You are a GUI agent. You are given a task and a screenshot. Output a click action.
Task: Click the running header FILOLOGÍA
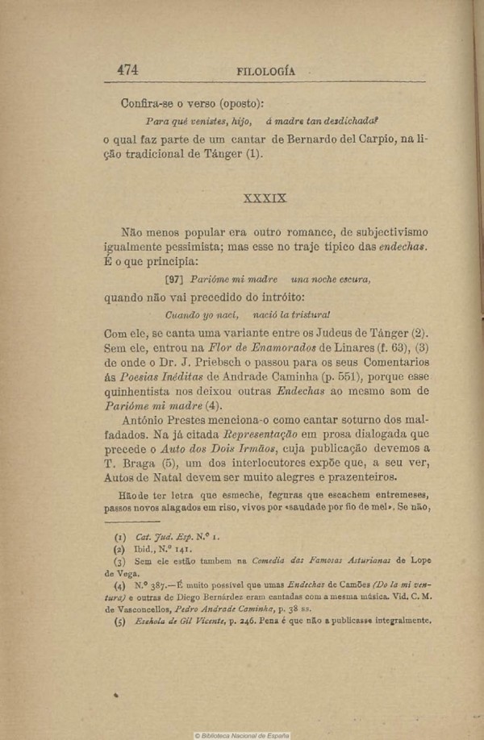click(265, 71)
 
